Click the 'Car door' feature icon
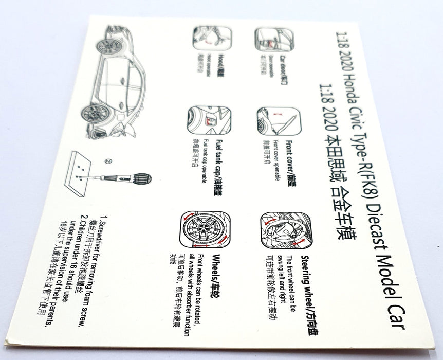tap(274, 40)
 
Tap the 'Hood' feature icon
tap(212, 38)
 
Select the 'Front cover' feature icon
tap(278, 121)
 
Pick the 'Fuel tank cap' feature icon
tap(210, 121)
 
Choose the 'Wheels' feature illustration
tap(205, 229)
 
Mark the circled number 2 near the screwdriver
tap(108, 160)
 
